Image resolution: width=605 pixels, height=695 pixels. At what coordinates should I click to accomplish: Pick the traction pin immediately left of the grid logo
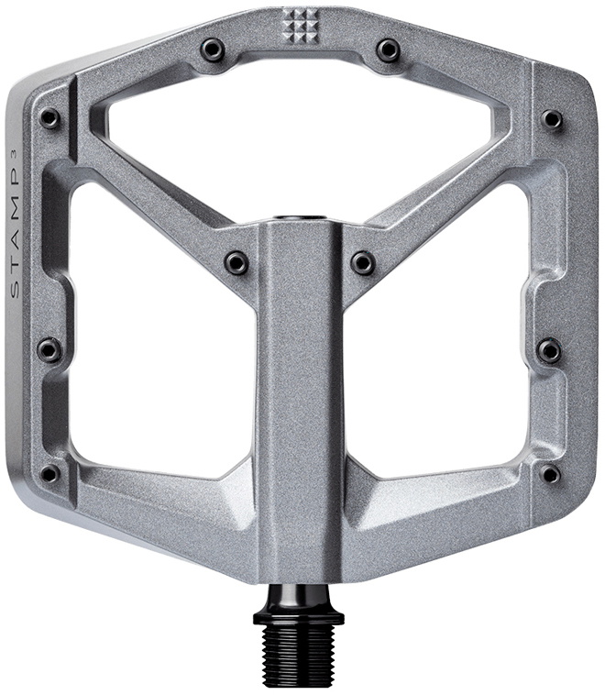[x=214, y=49]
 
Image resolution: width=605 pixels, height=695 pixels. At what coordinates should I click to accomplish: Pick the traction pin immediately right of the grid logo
[x=388, y=49]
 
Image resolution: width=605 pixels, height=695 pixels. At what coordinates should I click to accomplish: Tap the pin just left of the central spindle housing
[x=236, y=262]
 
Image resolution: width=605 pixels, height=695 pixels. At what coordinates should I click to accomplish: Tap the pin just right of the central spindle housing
[x=364, y=262]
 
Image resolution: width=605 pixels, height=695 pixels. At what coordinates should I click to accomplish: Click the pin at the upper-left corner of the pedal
[x=49, y=118]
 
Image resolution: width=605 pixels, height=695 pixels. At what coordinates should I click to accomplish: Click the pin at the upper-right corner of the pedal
[x=552, y=118]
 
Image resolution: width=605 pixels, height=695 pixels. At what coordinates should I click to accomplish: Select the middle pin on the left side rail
[x=49, y=349]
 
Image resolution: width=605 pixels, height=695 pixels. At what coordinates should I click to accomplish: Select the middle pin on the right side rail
[x=549, y=349]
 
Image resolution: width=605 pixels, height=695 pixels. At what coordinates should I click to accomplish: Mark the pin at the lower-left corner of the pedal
[x=49, y=473]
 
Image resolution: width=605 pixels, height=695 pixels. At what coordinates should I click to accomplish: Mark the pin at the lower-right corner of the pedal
[x=550, y=473]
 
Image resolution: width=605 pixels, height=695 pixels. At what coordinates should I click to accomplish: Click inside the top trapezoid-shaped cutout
[x=302, y=138]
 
